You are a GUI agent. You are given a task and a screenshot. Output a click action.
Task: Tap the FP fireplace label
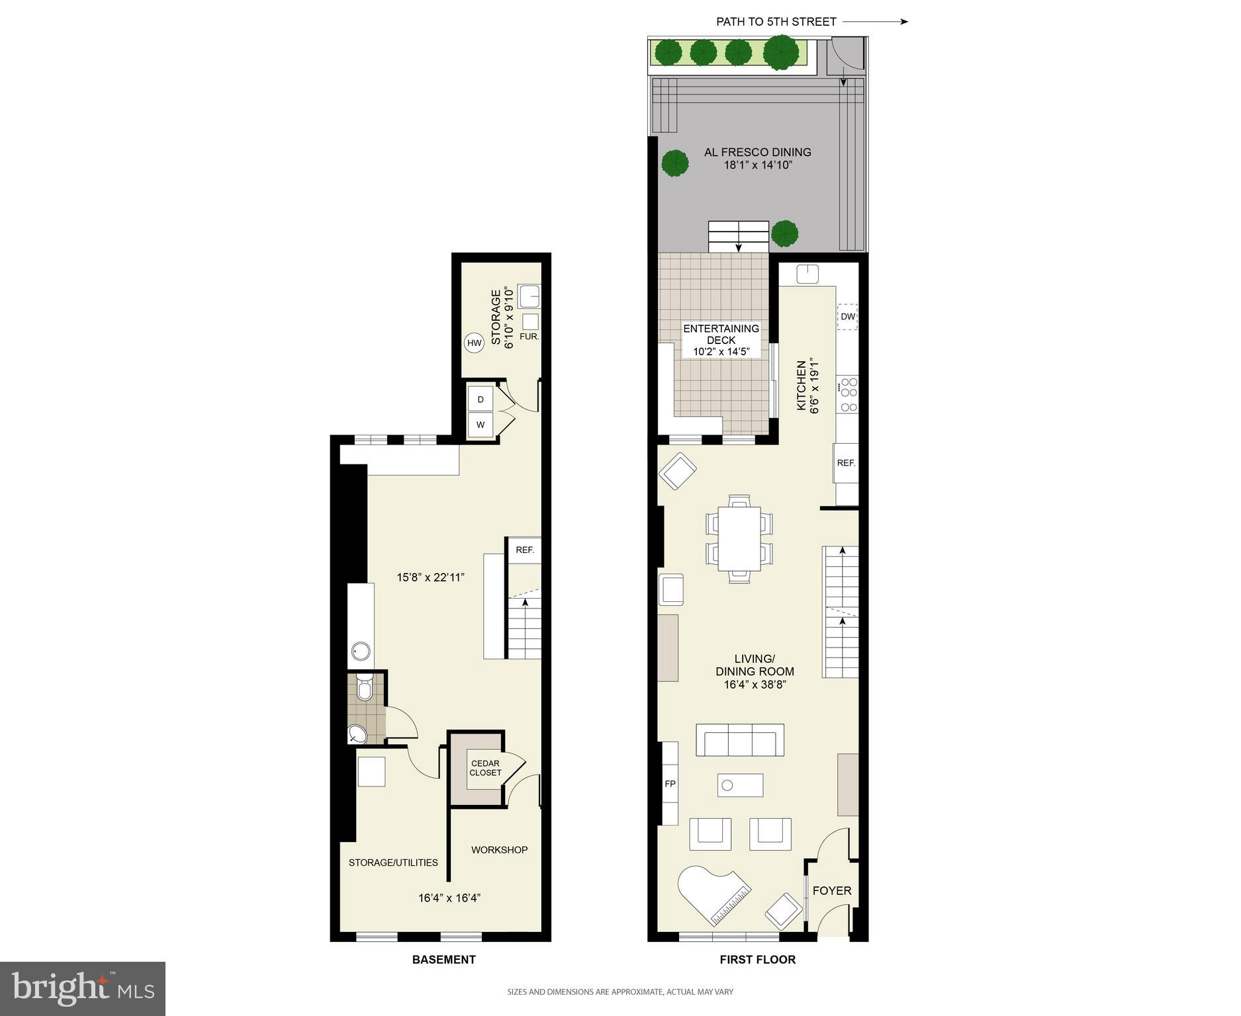(670, 784)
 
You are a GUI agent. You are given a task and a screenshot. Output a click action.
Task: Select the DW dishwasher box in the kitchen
(847, 317)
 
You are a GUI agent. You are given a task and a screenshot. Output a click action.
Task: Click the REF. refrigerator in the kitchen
(846, 463)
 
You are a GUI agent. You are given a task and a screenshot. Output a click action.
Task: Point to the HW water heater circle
(474, 343)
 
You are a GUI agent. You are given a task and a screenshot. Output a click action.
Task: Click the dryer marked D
(481, 400)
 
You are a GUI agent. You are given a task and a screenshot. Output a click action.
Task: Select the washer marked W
(481, 425)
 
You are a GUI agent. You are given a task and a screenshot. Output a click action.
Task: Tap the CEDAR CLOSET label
(485, 768)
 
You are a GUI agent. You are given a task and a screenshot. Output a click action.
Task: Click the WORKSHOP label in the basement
(499, 850)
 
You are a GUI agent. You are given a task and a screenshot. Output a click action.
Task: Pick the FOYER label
(831, 891)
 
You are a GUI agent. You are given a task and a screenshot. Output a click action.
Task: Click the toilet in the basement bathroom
(363, 688)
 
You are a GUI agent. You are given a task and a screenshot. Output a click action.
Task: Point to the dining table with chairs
(739, 538)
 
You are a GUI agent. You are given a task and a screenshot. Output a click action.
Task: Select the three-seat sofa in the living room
(739, 741)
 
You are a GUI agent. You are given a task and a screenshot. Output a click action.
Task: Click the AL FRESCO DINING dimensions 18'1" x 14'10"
(757, 165)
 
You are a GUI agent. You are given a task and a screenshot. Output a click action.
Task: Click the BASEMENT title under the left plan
(443, 959)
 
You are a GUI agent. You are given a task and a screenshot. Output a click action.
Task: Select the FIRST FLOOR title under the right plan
(757, 959)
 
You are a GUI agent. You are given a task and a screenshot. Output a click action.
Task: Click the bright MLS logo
(83, 988)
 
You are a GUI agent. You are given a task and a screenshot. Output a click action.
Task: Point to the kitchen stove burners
(848, 394)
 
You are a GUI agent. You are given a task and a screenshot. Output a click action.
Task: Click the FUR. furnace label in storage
(529, 336)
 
